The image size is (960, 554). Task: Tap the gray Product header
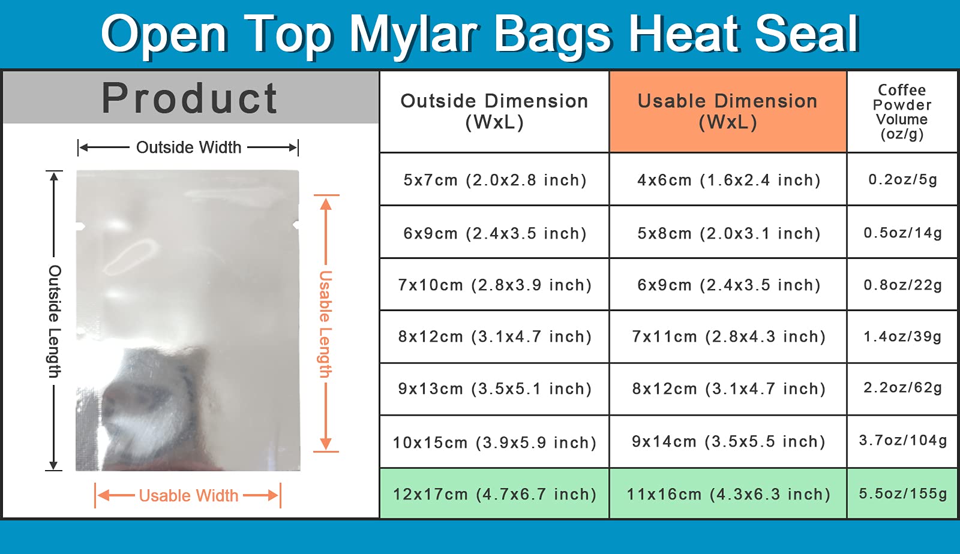tap(191, 98)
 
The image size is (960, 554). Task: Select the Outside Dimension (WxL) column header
tap(494, 112)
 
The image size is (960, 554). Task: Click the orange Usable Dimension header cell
tap(728, 112)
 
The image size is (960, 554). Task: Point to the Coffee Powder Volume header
tap(902, 112)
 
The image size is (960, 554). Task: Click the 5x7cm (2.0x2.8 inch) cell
tap(494, 179)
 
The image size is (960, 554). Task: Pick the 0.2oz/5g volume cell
tap(902, 179)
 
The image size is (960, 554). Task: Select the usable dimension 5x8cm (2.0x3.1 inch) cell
tap(728, 233)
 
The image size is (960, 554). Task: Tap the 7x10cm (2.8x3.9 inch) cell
tap(494, 285)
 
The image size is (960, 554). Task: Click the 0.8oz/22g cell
tap(902, 285)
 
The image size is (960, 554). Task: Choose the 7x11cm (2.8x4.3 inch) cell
tap(728, 336)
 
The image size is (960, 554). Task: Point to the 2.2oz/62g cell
tap(902, 388)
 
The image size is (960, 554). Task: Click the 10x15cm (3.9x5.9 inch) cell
tap(494, 442)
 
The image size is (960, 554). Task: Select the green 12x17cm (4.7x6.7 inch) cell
tap(494, 493)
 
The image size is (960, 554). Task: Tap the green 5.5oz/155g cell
tap(902, 493)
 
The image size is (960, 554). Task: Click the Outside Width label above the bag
tap(188, 147)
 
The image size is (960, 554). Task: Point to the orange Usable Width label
tap(188, 495)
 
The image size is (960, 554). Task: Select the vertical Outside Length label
tap(55, 321)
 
